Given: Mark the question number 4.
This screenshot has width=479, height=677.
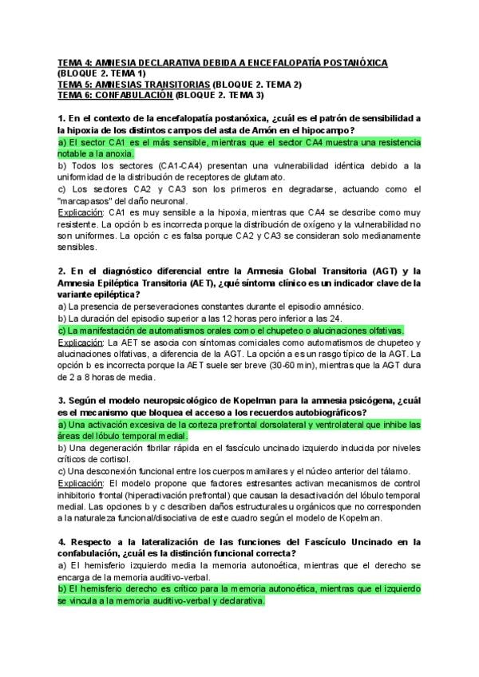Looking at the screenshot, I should click(x=61, y=543).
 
